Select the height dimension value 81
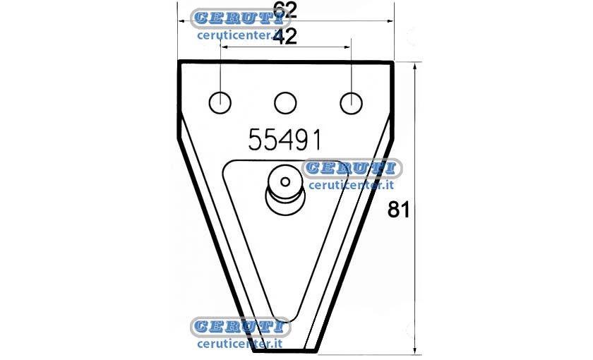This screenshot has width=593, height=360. click(x=399, y=210)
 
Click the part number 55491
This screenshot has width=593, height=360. click(x=284, y=140)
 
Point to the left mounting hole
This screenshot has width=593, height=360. click(x=220, y=103)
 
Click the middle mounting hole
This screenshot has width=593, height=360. click(x=285, y=103)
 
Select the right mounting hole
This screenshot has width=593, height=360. click(x=351, y=103)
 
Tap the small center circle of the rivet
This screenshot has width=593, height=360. click(x=285, y=182)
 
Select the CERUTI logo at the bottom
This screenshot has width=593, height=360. click(x=241, y=327)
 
